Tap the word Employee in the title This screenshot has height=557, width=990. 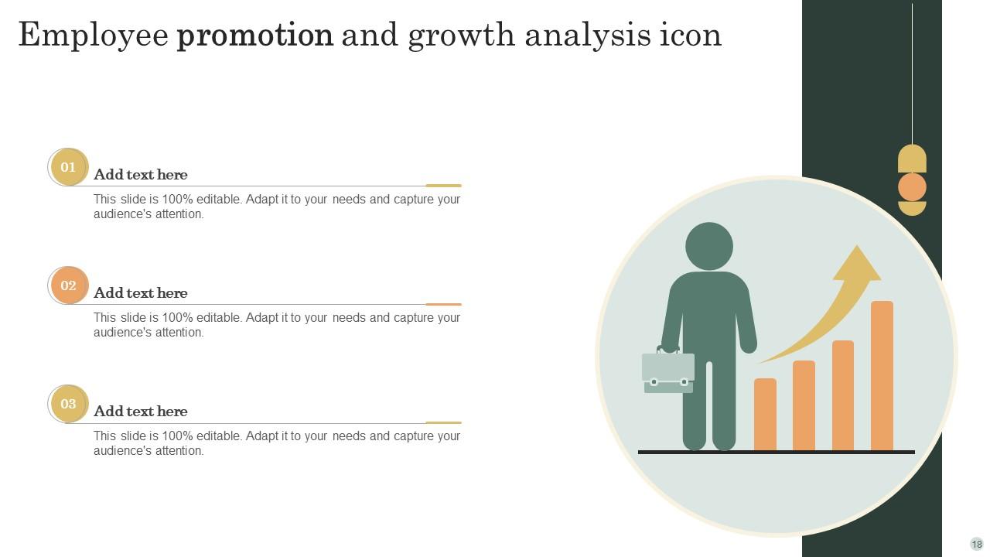coord(94,36)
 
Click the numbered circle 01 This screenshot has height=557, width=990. coord(69,167)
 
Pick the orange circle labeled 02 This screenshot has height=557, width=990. coord(69,285)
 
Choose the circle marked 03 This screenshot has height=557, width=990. coord(69,404)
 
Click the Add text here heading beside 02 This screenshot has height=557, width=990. coord(141,293)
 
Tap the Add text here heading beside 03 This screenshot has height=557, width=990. coord(141,412)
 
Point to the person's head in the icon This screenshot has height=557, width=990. coord(709,246)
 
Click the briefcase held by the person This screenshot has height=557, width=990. coord(667,371)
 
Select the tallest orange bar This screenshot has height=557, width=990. coord(882,376)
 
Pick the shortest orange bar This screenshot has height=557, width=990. coord(765,414)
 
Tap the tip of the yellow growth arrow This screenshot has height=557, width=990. coord(857,245)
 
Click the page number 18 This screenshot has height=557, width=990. coord(977,544)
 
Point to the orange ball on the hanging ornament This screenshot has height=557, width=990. coord(912,187)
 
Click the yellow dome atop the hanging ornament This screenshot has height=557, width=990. coord(912,159)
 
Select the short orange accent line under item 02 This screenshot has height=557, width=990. coord(443,304)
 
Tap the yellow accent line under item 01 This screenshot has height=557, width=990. coord(443,186)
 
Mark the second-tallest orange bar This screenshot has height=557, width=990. coord(843,395)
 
